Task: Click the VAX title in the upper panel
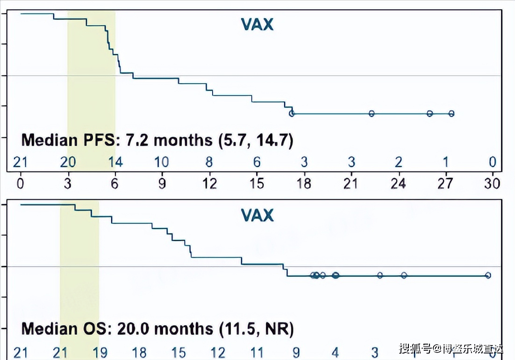point(257,24)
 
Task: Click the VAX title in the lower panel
point(257,215)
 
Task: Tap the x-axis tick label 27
point(445,184)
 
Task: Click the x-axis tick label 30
point(493,184)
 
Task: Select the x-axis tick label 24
point(398,184)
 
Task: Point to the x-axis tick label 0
point(21,184)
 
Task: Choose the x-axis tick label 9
point(162,184)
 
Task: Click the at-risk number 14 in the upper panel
point(115,162)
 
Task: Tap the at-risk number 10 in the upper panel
point(162,162)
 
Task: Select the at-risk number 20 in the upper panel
point(68,162)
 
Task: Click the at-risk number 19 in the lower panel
point(99,352)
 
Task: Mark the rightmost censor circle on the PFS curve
point(451,113)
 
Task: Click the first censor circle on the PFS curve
point(292,113)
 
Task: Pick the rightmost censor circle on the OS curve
point(488,275)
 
